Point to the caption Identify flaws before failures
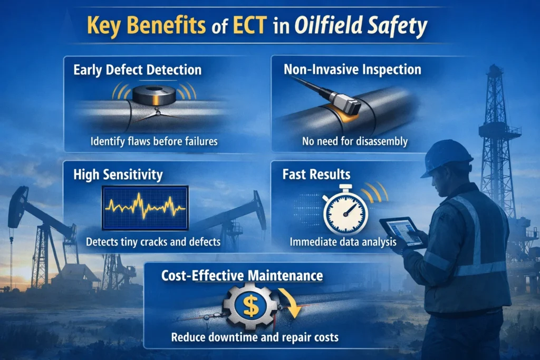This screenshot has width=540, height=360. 153,141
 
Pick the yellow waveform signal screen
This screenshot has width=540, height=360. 146,207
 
